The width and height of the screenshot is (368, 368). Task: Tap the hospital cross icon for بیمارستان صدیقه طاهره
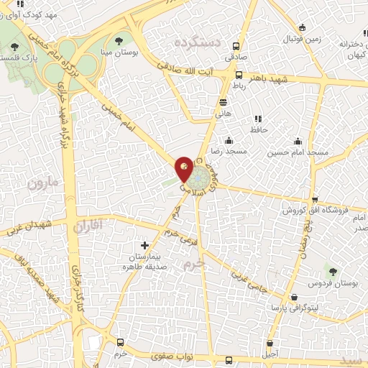point(145,245)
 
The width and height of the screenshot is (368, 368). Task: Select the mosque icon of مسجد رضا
point(229,140)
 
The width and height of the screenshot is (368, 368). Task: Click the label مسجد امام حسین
point(298,152)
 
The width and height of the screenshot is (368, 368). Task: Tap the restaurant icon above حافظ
point(257,119)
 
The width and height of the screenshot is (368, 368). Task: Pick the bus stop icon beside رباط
point(239,75)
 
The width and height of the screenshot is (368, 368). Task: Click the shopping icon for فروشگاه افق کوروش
point(313,201)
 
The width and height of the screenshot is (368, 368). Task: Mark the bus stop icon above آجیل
point(270,344)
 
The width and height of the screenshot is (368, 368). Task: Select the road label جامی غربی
point(249,280)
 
